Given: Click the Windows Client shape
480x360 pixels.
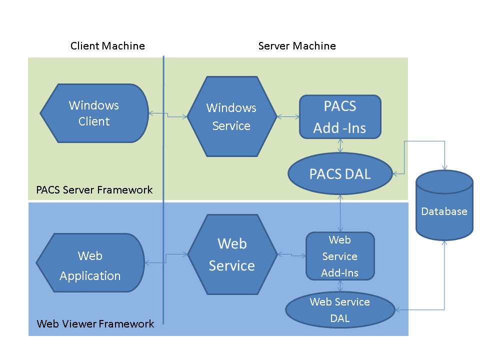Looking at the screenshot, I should pyautogui.click(x=94, y=113).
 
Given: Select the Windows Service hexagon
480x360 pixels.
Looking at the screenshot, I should pyautogui.click(x=231, y=116).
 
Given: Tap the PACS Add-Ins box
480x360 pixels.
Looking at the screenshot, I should pyautogui.click(x=340, y=117).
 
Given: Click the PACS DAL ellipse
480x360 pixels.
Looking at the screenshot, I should pyautogui.click(x=340, y=174).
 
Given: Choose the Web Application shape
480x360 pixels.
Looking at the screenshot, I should pyautogui.click(x=90, y=263).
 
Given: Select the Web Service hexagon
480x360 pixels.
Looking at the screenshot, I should pyautogui.click(x=231, y=254).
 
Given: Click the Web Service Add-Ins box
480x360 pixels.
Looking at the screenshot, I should pyautogui.click(x=340, y=256).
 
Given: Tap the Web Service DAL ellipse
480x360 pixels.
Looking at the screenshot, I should pyautogui.click(x=340, y=310).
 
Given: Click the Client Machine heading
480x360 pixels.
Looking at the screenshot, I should pyautogui.click(x=107, y=46).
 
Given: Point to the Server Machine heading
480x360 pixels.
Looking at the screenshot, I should pyautogui.click(x=297, y=46).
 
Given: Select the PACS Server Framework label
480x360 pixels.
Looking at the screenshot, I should pyautogui.click(x=94, y=190).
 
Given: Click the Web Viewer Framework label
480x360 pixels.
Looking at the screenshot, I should pyautogui.click(x=95, y=324).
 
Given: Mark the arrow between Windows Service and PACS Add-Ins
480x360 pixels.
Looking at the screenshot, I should pyautogui.click(x=288, y=117).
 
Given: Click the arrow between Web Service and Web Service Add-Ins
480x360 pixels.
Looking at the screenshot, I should pyautogui.click(x=291, y=255).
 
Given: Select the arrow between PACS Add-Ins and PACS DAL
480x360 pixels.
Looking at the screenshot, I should pyautogui.click(x=340, y=145).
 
